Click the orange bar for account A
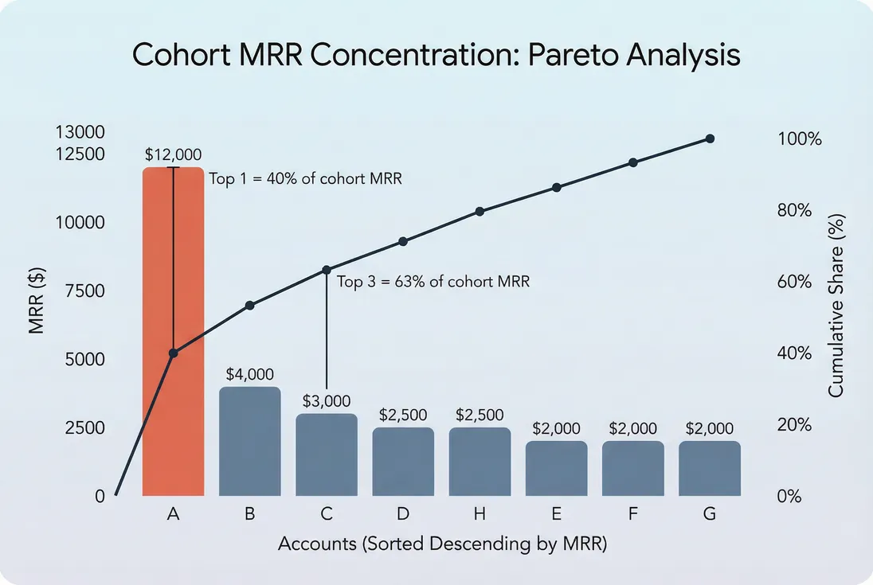pos(173,422)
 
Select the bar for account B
pos(249,442)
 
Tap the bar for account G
pos(709,469)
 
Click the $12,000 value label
pos(173,154)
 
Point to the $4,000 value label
pos(249,374)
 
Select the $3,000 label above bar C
pos(326,401)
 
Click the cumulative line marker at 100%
pos(710,138)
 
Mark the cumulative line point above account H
pos(480,212)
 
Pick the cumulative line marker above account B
pos(249,306)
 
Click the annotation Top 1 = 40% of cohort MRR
pos(305,179)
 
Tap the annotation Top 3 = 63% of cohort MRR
pos(433,282)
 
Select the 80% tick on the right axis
pos(795,211)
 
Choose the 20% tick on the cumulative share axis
pos(795,425)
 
